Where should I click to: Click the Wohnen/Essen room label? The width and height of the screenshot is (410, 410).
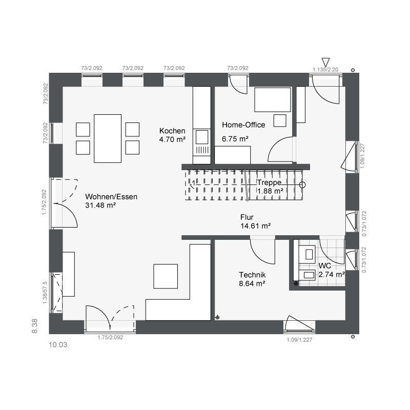111,197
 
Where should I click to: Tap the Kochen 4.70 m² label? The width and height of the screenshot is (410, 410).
172,135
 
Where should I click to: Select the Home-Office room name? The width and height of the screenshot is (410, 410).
243,125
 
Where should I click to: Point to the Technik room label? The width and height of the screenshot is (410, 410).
252,275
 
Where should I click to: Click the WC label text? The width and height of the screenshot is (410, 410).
325,266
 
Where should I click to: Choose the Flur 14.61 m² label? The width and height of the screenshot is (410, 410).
255,221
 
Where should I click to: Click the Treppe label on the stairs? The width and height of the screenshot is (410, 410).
269,182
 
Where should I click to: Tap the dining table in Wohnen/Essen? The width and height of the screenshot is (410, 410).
108,138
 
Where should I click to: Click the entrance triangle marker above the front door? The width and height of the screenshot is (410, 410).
325,62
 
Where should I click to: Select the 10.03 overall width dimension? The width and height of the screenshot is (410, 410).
58,344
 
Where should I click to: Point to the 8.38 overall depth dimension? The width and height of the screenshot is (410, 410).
34,326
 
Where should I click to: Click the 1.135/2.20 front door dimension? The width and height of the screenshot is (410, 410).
325,70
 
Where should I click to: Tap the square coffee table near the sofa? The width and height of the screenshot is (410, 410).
166,276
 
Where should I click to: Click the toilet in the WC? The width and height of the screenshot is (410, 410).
307,254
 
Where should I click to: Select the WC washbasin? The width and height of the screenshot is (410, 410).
308,275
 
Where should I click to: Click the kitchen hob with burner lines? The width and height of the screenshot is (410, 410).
202,150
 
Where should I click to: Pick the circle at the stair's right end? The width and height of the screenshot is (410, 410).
302,185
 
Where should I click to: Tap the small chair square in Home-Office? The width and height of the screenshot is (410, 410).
280,120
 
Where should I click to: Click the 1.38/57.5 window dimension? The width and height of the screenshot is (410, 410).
45,293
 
